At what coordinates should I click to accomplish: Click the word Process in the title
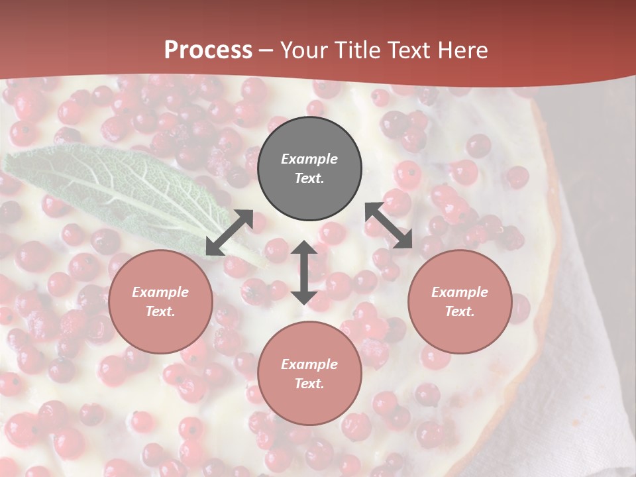pyautogui.click(x=208, y=50)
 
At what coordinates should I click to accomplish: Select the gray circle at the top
pyautogui.click(x=309, y=169)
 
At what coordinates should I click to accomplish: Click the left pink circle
pyautogui.click(x=160, y=301)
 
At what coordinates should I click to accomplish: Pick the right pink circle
pyautogui.click(x=459, y=301)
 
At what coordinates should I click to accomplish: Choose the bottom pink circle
pyautogui.click(x=309, y=374)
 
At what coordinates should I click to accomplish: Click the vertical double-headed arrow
pyautogui.click(x=304, y=272)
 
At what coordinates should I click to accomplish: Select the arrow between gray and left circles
pyautogui.click(x=229, y=233)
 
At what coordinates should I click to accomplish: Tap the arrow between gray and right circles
pyautogui.click(x=389, y=225)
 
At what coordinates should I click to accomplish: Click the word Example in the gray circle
pyautogui.click(x=309, y=159)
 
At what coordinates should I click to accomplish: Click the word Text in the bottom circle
pyautogui.click(x=309, y=384)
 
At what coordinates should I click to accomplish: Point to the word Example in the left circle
pyautogui.click(x=160, y=292)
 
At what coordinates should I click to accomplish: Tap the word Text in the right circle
pyautogui.click(x=459, y=311)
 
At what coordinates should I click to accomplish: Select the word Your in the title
pyautogui.click(x=303, y=50)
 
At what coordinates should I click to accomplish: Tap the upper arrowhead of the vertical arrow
pyautogui.click(x=304, y=248)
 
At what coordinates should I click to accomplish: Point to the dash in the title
pyautogui.click(x=266, y=51)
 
